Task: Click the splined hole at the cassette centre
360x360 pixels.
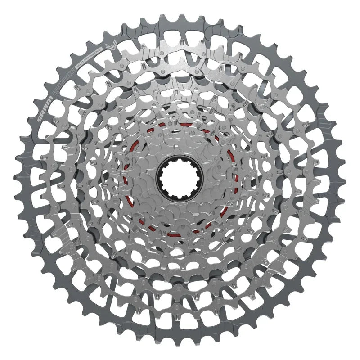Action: click(180, 180)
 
